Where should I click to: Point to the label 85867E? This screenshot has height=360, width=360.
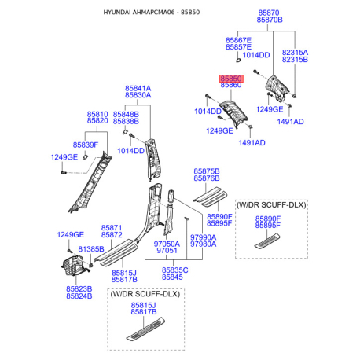pyautogui.click(x=238, y=39)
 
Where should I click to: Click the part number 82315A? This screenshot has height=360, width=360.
pyautogui.click(x=296, y=52)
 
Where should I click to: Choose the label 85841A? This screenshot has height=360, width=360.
pyautogui.click(x=138, y=88)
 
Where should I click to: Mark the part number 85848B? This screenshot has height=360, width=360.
pyautogui.click(x=126, y=114)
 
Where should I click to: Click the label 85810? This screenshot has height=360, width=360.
pyautogui.click(x=97, y=114)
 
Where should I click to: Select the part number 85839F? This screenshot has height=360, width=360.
pyautogui.click(x=85, y=145)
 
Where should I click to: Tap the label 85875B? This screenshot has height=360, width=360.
pyautogui.click(x=208, y=171)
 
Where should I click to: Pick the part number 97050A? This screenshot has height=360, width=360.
pyautogui.click(x=167, y=244)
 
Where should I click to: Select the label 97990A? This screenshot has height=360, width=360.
pyautogui.click(x=202, y=237)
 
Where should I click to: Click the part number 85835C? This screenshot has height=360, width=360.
pyautogui.click(x=174, y=270)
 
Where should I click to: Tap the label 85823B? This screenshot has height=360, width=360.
pyautogui.click(x=79, y=288)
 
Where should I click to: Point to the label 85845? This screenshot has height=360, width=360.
pyautogui.click(x=172, y=277)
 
